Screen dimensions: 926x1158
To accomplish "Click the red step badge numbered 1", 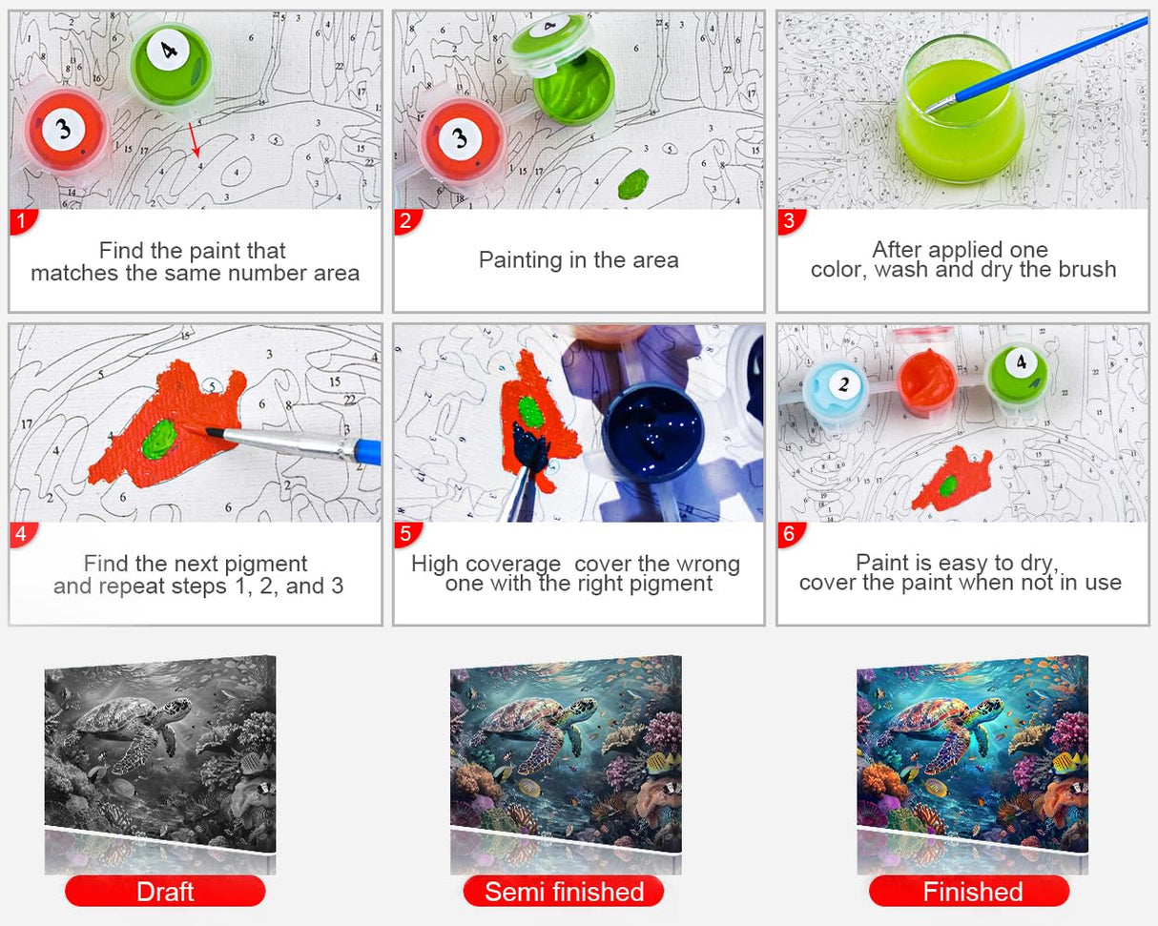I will (x=23, y=222).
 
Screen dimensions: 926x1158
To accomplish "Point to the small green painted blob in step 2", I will (x=632, y=183).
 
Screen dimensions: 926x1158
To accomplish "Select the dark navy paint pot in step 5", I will (x=654, y=434).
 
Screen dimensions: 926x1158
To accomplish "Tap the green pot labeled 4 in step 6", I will (x=1017, y=373).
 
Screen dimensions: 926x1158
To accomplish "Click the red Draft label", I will (x=164, y=892).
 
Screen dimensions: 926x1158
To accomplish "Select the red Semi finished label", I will (x=564, y=892).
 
